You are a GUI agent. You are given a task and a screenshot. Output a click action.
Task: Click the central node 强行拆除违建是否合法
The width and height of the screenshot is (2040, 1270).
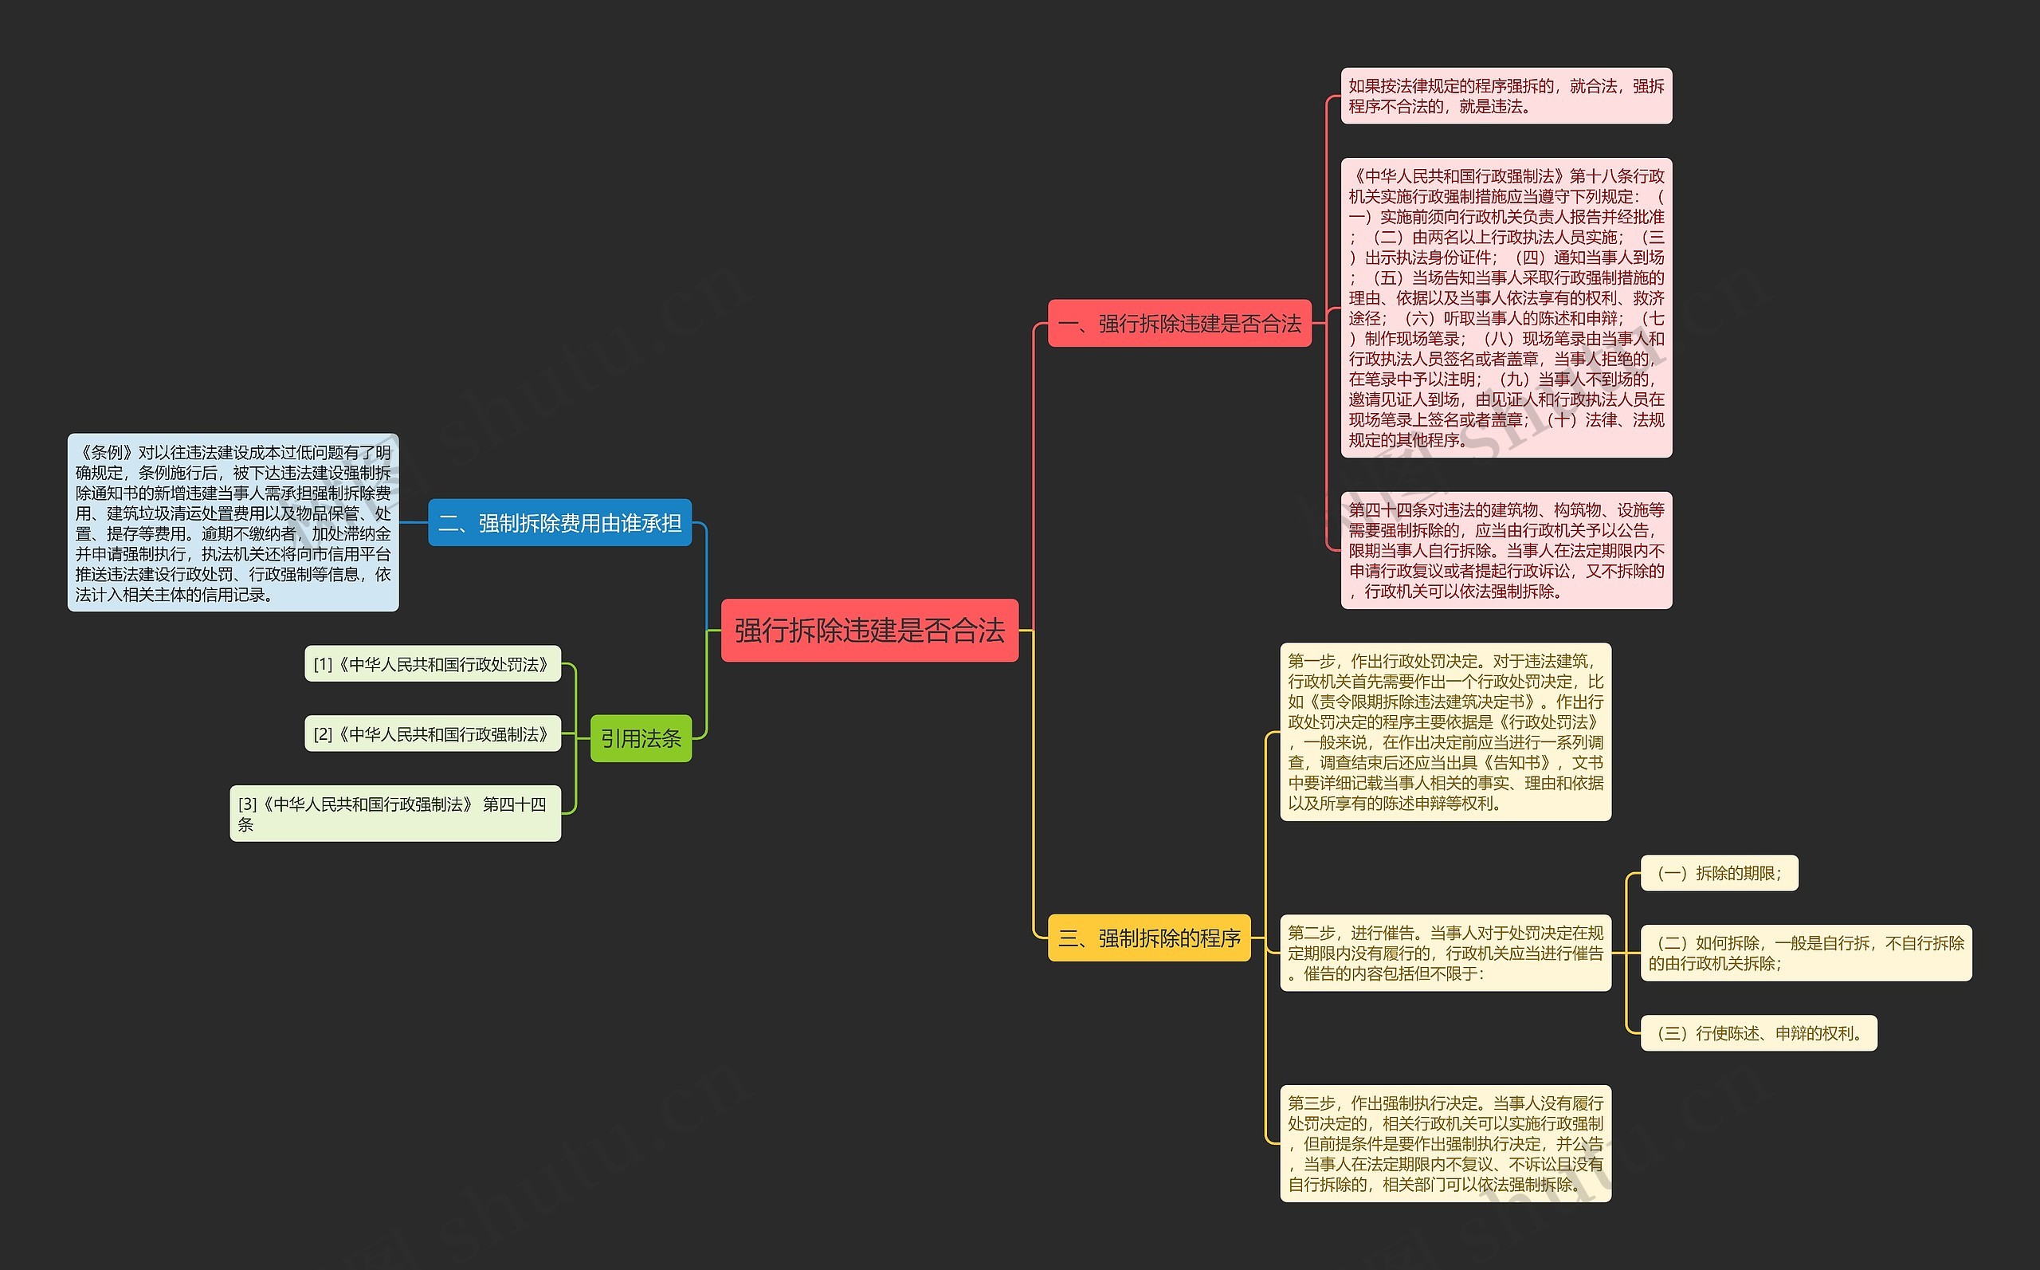point(869,630)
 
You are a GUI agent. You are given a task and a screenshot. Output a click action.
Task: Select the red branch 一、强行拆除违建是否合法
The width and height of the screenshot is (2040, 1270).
point(1179,324)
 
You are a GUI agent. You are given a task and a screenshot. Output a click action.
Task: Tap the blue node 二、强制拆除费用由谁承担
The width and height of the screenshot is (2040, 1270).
point(559,522)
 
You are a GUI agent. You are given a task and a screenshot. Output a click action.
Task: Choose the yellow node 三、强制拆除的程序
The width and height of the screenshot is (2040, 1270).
point(1148,938)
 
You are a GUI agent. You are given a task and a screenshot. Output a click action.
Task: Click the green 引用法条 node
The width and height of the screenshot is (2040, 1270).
point(641,738)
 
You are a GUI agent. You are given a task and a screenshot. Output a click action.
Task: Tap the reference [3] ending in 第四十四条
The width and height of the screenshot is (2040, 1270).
point(394,813)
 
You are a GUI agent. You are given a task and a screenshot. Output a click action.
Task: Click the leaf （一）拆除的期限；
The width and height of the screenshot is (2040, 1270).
point(1719,874)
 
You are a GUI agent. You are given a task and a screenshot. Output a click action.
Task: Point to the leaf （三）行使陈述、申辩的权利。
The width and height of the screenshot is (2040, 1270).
point(1758,1033)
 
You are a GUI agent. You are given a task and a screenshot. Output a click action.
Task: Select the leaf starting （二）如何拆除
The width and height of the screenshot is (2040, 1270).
point(1805,953)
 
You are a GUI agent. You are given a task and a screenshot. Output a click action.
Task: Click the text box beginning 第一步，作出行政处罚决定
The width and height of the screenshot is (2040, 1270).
point(1445,732)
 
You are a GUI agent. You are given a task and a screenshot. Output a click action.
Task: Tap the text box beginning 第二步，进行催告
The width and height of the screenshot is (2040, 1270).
point(1445,953)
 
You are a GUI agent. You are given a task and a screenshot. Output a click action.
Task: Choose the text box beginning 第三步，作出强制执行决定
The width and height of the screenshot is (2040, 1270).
point(1445,1143)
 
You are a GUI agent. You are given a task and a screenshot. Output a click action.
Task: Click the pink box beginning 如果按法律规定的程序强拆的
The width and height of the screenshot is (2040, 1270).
point(1505,96)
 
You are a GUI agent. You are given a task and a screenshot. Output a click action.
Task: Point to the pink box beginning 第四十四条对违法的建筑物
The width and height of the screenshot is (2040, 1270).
point(1505,550)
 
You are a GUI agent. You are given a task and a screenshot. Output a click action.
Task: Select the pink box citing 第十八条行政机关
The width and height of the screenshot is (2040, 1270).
point(1505,308)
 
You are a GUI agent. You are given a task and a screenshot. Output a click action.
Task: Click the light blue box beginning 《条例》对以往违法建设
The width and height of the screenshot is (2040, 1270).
point(233,522)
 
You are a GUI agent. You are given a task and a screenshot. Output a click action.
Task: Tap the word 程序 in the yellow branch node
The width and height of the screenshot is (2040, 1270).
point(1221,938)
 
